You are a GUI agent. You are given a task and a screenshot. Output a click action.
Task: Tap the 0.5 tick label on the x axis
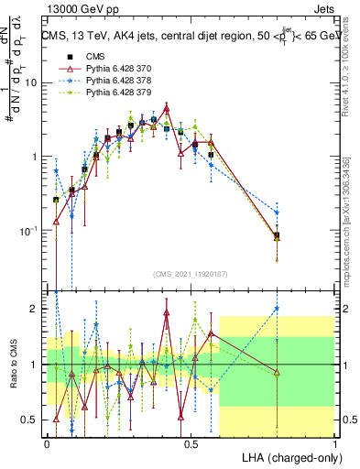point(191,442)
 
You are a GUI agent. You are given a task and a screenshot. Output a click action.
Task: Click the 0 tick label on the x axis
point(47,442)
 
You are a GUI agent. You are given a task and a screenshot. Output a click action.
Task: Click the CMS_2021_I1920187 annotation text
point(191,274)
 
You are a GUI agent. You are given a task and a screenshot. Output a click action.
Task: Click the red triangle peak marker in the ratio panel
point(167,313)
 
